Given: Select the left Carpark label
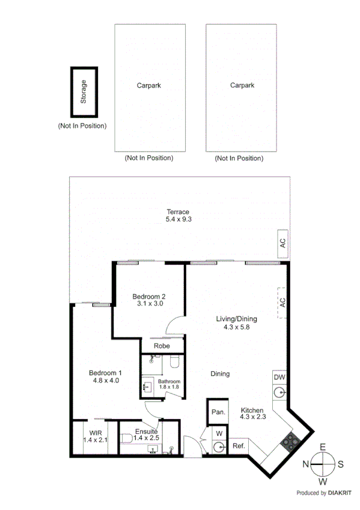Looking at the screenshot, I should (148, 85).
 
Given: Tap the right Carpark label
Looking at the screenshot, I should (242, 85).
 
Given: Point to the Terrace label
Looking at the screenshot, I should (178, 212).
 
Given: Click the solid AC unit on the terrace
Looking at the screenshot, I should (282, 244).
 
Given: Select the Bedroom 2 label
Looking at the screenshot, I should (148, 296).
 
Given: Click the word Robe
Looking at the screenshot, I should (161, 346).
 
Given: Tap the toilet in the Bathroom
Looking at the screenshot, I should (174, 361).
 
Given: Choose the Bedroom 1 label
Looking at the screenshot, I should (105, 373).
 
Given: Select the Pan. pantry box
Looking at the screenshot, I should (218, 412).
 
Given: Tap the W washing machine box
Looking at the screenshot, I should (219, 432).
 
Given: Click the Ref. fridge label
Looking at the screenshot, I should (239, 446).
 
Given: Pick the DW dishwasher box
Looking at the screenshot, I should (279, 377).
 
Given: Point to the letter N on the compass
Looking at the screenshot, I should (305, 463).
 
